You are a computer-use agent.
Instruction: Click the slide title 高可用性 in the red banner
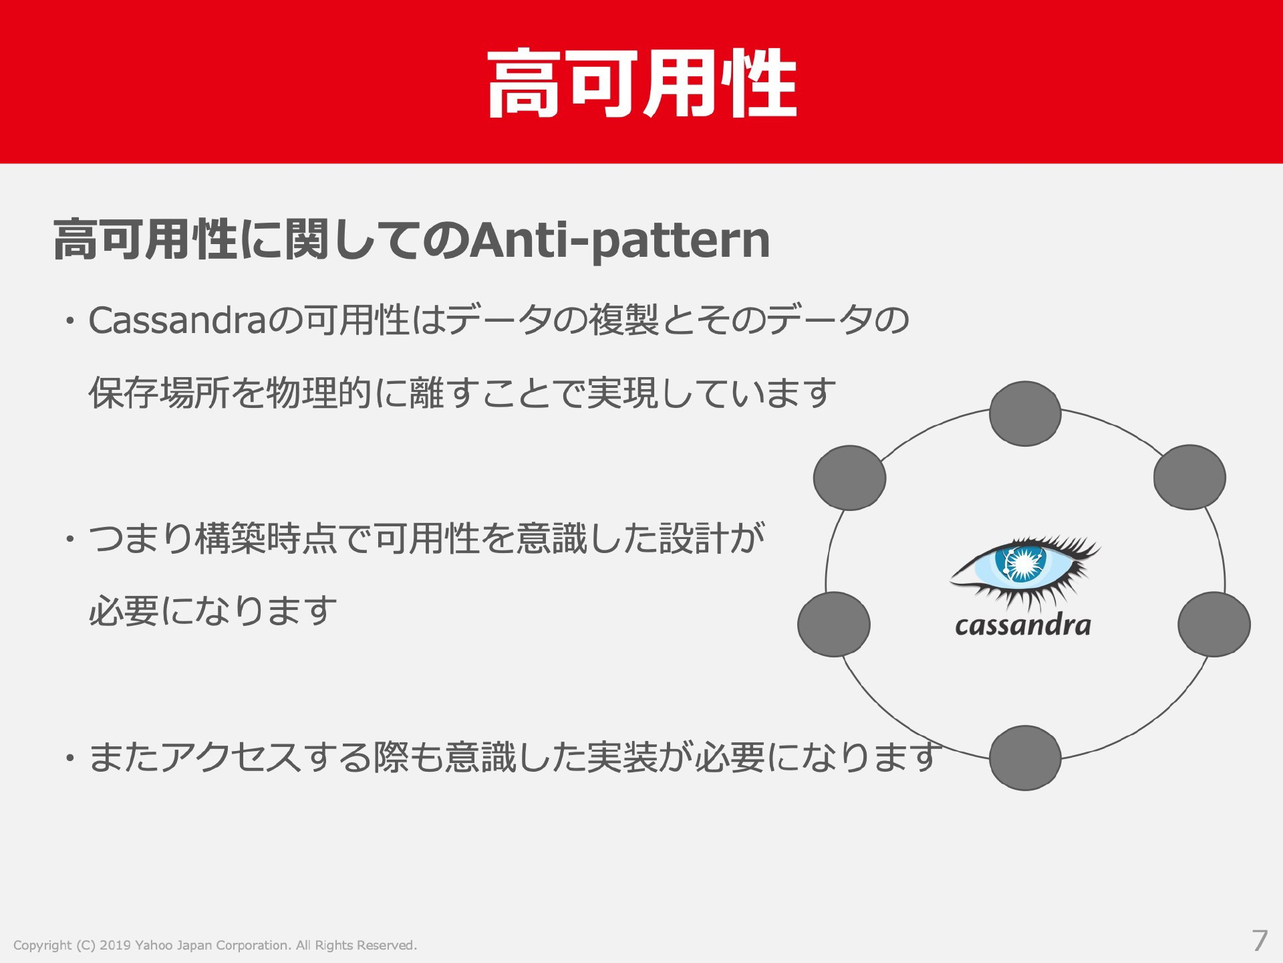(642, 84)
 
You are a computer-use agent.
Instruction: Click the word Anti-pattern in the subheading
(619, 241)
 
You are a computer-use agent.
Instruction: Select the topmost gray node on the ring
(1025, 414)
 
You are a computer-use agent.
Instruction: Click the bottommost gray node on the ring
(1025, 758)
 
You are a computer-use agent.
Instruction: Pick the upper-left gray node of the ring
(849, 477)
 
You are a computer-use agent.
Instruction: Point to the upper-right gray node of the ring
(1189, 477)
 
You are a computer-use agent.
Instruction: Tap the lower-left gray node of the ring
(834, 624)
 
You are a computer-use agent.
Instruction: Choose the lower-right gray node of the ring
(1214, 624)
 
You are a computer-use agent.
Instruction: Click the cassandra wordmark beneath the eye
(1022, 625)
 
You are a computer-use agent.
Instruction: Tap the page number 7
(1260, 942)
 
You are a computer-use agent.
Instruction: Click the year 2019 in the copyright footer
(114, 945)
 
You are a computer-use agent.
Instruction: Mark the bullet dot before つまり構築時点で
(69, 539)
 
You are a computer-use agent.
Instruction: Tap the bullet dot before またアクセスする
(69, 757)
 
